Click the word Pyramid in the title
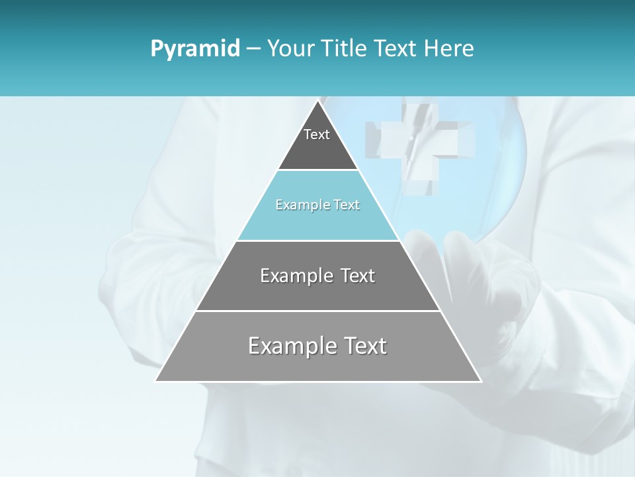point(195,48)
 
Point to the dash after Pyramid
point(253,49)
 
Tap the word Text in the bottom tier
point(362,346)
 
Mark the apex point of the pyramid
point(318,101)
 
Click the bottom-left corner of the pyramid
point(156,381)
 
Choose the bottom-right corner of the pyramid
point(480,381)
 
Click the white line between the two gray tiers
point(318,311)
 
